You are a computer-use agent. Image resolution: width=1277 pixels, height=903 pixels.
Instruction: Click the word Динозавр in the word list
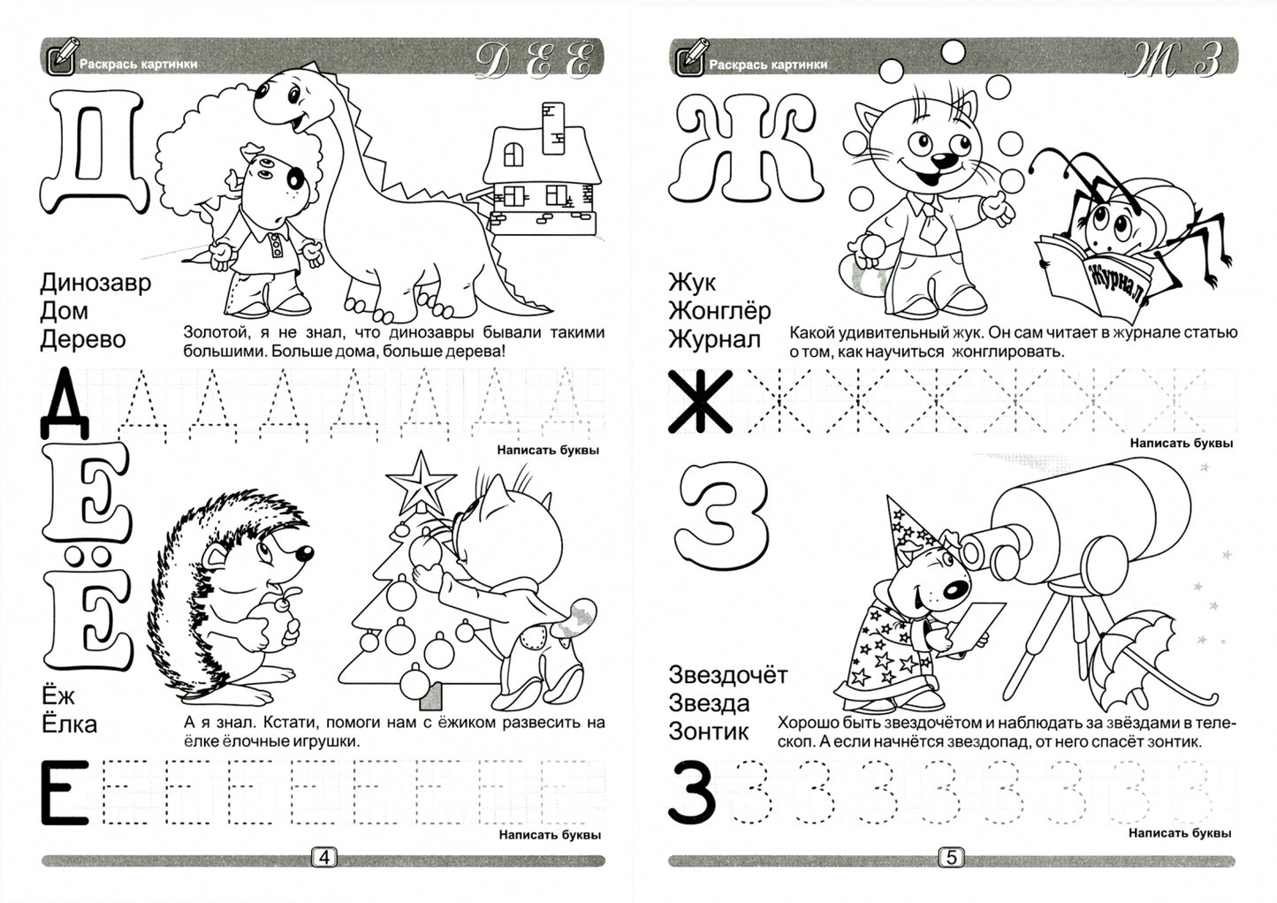[x=95, y=283]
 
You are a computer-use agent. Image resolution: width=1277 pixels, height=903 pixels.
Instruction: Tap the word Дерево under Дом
[x=83, y=340]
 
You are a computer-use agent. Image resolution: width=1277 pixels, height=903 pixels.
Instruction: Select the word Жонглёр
[x=719, y=311]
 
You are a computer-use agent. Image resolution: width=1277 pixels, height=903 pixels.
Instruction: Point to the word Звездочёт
[x=728, y=675]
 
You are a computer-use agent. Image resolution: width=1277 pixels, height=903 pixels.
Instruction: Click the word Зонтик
[x=708, y=732]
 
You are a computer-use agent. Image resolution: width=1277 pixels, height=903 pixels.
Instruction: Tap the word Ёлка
[x=70, y=724]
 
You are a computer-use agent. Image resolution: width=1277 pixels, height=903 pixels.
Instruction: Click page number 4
[x=323, y=857]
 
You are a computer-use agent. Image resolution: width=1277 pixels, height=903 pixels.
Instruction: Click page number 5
[x=951, y=857]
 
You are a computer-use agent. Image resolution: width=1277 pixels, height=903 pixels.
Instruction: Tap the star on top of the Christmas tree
[x=421, y=482]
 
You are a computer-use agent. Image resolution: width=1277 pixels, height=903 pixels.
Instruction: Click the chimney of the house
[x=552, y=128]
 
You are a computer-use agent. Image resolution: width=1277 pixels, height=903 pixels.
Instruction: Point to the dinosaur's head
[x=290, y=100]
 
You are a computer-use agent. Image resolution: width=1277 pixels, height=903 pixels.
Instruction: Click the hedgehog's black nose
[x=304, y=552]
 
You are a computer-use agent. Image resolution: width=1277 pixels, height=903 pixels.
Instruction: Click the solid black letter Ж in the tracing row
[x=700, y=401]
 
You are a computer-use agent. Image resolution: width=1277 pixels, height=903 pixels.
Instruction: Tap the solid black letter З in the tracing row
[x=691, y=793]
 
